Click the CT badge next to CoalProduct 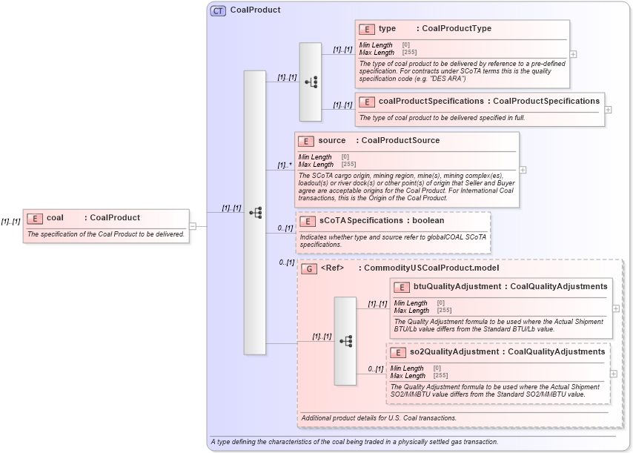(218, 11)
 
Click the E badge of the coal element (35, 218)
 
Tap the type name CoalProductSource (400, 141)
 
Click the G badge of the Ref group (309, 268)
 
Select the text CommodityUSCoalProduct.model (431, 268)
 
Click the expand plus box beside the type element (573, 54)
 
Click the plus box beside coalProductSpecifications (609, 109)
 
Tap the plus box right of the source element (523, 170)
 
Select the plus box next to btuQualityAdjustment (616, 308)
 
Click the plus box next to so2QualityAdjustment (613, 374)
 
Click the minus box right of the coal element (193, 225)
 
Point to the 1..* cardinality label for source (285, 165)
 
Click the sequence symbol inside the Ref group (345, 340)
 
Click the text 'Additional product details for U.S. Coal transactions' (379, 418)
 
